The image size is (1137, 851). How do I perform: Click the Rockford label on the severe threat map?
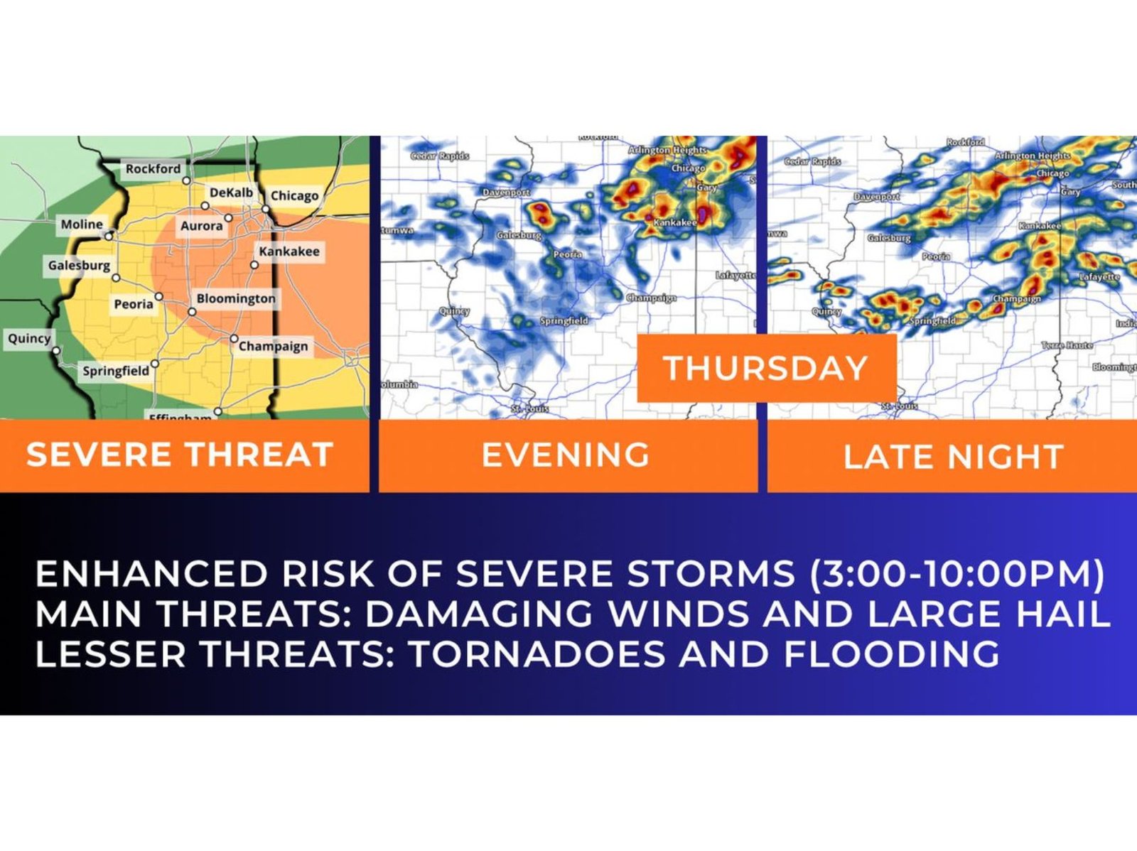[153, 168]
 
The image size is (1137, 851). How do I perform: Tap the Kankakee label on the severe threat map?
[289, 251]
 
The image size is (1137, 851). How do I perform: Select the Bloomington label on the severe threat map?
[236, 298]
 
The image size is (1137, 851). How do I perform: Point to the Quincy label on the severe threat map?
[29, 338]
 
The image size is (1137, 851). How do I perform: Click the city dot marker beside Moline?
[109, 234]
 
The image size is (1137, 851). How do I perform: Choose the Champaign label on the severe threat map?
[274, 346]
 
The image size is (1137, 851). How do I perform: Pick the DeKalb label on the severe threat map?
[231, 193]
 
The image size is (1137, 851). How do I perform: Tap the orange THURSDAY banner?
[765, 369]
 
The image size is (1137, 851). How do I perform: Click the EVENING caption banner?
[566, 455]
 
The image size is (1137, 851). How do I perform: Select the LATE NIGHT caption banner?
[953, 456]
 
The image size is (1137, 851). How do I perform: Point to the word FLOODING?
[891, 654]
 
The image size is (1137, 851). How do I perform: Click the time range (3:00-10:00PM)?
[957, 574]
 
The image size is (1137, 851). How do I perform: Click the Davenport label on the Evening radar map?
[507, 193]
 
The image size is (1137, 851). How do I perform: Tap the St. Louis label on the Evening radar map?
[530, 409]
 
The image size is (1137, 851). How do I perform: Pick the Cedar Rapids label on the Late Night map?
[812, 161]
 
